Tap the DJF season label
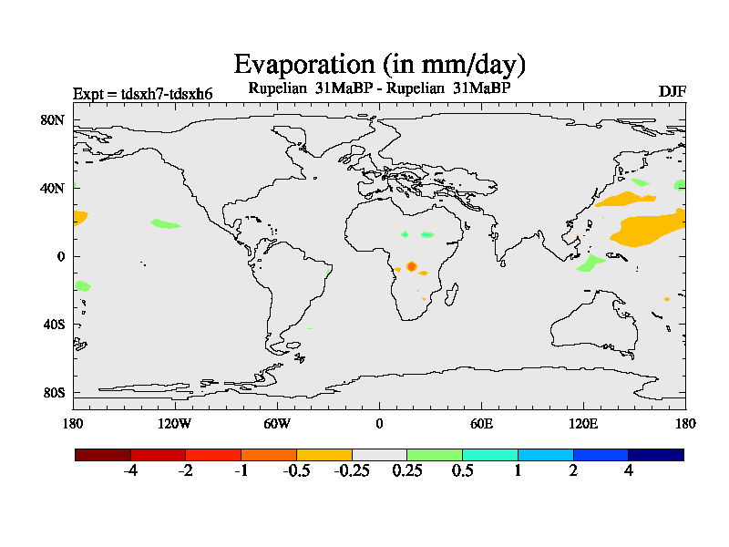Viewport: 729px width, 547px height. pyautogui.click(x=672, y=91)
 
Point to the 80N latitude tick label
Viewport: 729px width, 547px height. pyautogui.click(x=54, y=119)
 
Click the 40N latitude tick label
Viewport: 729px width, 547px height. pyautogui.click(x=54, y=188)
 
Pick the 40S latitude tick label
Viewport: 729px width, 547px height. pyautogui.click(x=54, y=325)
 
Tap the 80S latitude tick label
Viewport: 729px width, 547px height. pyautogui.click(x=54, y=393)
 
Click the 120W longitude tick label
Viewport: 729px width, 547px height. pyautogui.click(x=174, y=423)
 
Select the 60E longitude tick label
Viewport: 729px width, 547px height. pyautogui.click(x=481, y=423)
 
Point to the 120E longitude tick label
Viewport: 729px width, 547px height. pyautogui.click(x=583, y=423)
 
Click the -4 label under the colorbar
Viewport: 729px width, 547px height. pyautogui.click(x=130, y=471)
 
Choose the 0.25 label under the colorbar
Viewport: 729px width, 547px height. pyautogui.click(x=407, y=471)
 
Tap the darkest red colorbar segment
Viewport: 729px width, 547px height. pyautogui.click(x=103, y=454)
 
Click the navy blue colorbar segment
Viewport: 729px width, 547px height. pyautogui.click(x=656, y=454)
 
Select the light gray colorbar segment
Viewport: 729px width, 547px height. pyautogui.click(x=379, y=454)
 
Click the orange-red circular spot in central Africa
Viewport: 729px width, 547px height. pyautogui.click(x=412, y=266)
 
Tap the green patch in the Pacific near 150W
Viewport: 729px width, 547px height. pyautogui.click(x=166, y=223)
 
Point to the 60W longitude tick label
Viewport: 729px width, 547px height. pyautogui.click(x=277, y=423)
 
